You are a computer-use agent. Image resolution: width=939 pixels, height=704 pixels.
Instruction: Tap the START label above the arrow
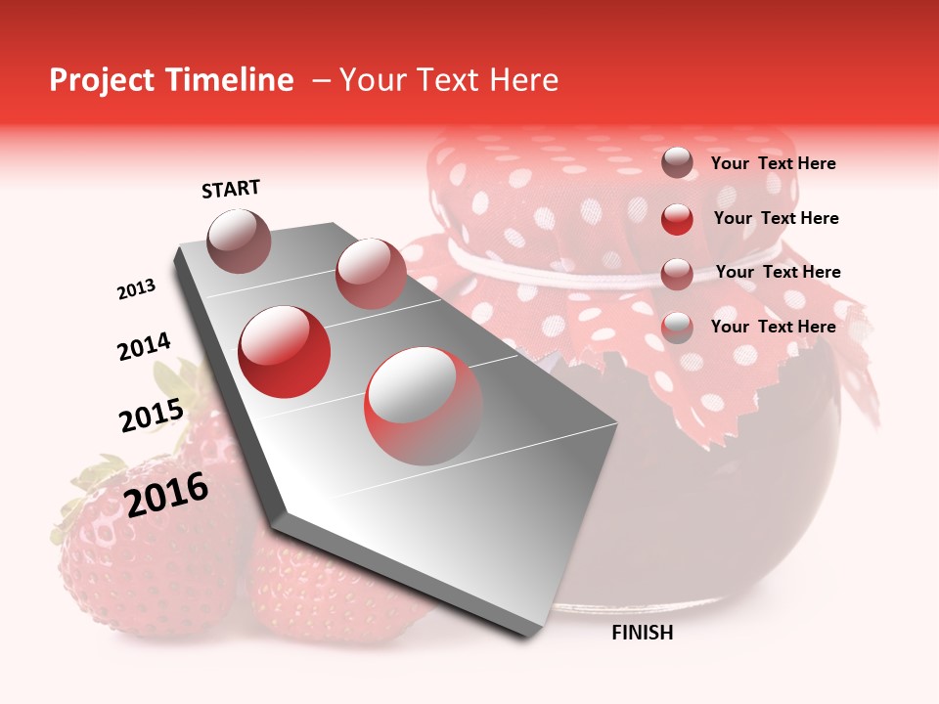(x=231, y=189)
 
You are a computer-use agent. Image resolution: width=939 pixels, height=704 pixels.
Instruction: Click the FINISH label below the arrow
(x=642, y=633)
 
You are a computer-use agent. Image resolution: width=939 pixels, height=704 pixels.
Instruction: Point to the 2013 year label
(x=136, y=289)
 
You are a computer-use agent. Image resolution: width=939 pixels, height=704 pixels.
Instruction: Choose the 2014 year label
(x=144, y=346)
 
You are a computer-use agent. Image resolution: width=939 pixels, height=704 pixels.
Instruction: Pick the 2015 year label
(x=151, y=416)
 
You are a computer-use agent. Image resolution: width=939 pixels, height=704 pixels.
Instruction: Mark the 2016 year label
(x=166, y=494)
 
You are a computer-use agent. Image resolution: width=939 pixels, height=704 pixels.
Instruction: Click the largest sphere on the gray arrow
(x=424, y=405)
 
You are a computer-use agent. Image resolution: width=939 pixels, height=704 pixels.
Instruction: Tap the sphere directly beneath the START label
(x=239, y=241)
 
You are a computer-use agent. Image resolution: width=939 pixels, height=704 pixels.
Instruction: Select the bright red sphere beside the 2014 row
(x=285, y=352)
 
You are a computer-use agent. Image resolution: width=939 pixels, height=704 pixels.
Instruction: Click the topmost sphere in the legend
(x=677, y=163)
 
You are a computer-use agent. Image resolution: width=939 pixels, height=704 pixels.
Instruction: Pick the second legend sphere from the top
(x=677, y=219)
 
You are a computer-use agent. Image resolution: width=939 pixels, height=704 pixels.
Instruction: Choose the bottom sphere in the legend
(x=677, y=328)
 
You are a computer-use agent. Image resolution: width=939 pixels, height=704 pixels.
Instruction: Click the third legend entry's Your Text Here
(x=778, y=272)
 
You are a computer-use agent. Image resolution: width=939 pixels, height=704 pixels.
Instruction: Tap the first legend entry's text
(x=773, y=163)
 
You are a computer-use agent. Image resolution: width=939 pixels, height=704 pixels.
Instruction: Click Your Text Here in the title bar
(x=449, y=80)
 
